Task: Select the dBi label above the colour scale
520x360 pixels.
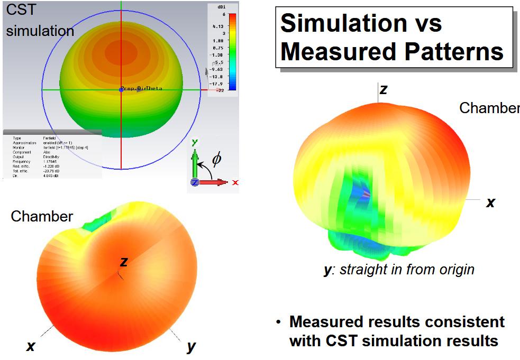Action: pos(222,7)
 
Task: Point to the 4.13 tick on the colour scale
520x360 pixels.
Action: pos(217,25)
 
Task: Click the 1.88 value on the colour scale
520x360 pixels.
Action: pos(217,40)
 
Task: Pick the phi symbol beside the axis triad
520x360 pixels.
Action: pos(216,159)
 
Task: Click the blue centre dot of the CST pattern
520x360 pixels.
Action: pos(121,90)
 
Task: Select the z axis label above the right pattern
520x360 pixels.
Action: pos(384,89)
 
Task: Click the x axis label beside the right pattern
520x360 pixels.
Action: pos(490,202)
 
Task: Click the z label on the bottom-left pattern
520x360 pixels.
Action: pos(124,261)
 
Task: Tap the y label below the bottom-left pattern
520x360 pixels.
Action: pos(191,346)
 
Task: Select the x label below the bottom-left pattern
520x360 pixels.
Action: pos(31,346)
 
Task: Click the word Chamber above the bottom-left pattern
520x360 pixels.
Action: pos(42,216)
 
